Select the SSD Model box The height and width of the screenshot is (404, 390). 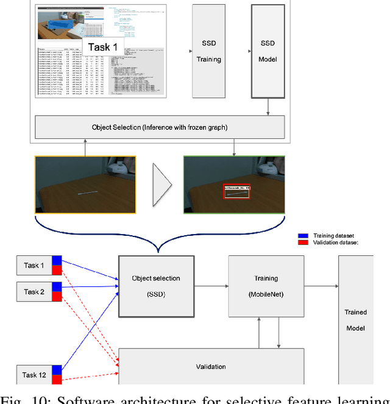(268, 51)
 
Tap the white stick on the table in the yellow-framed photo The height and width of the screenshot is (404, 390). (87, 192)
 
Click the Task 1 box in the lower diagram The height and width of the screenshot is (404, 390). (34, 266)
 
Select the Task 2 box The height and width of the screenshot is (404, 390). (34, 292)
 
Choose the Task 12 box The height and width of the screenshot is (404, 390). (34, 375)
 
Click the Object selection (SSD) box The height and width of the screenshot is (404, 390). (156, 286)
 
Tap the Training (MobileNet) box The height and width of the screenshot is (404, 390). (266, 286)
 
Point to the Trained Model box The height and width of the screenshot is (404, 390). (355, 320)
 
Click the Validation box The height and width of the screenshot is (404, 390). (211, 366)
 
